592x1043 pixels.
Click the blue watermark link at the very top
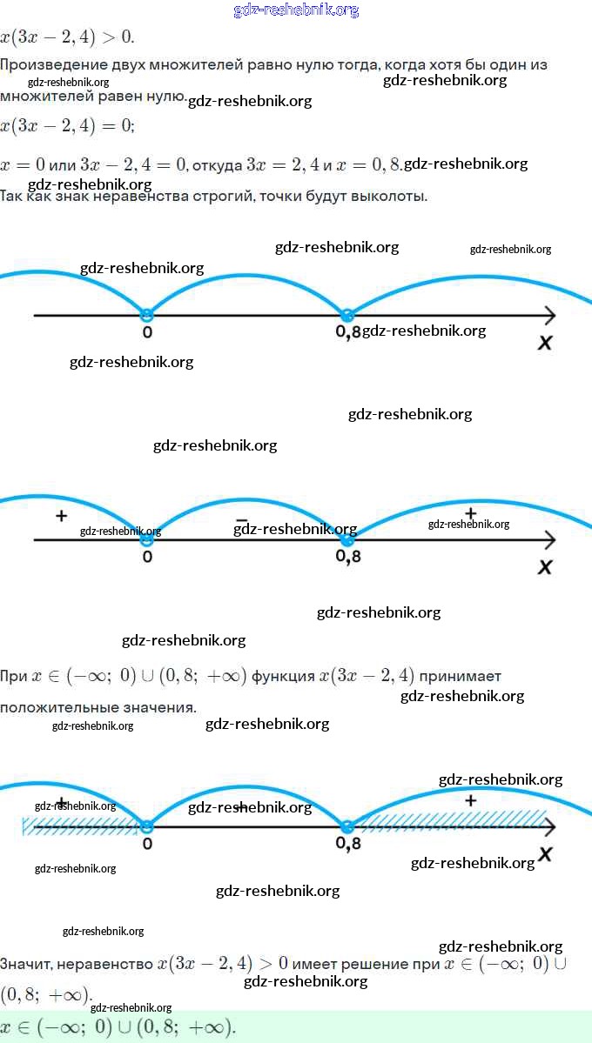[x=296, y=10]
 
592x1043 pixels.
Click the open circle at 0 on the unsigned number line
[x=146, y=314]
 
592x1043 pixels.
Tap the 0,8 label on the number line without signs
[x=347, y=332]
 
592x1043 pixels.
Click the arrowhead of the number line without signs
[x=548, y=314]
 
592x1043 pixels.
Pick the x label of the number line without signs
[x=545, y=342]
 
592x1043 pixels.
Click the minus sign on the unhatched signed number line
[x=241, y=521]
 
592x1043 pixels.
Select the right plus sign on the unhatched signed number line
[x=471, y=512]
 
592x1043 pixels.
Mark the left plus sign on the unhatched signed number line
[x=61, y=516]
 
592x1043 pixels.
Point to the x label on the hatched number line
[x=545, y=853]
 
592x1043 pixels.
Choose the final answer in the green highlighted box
[x=118, y=1026]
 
